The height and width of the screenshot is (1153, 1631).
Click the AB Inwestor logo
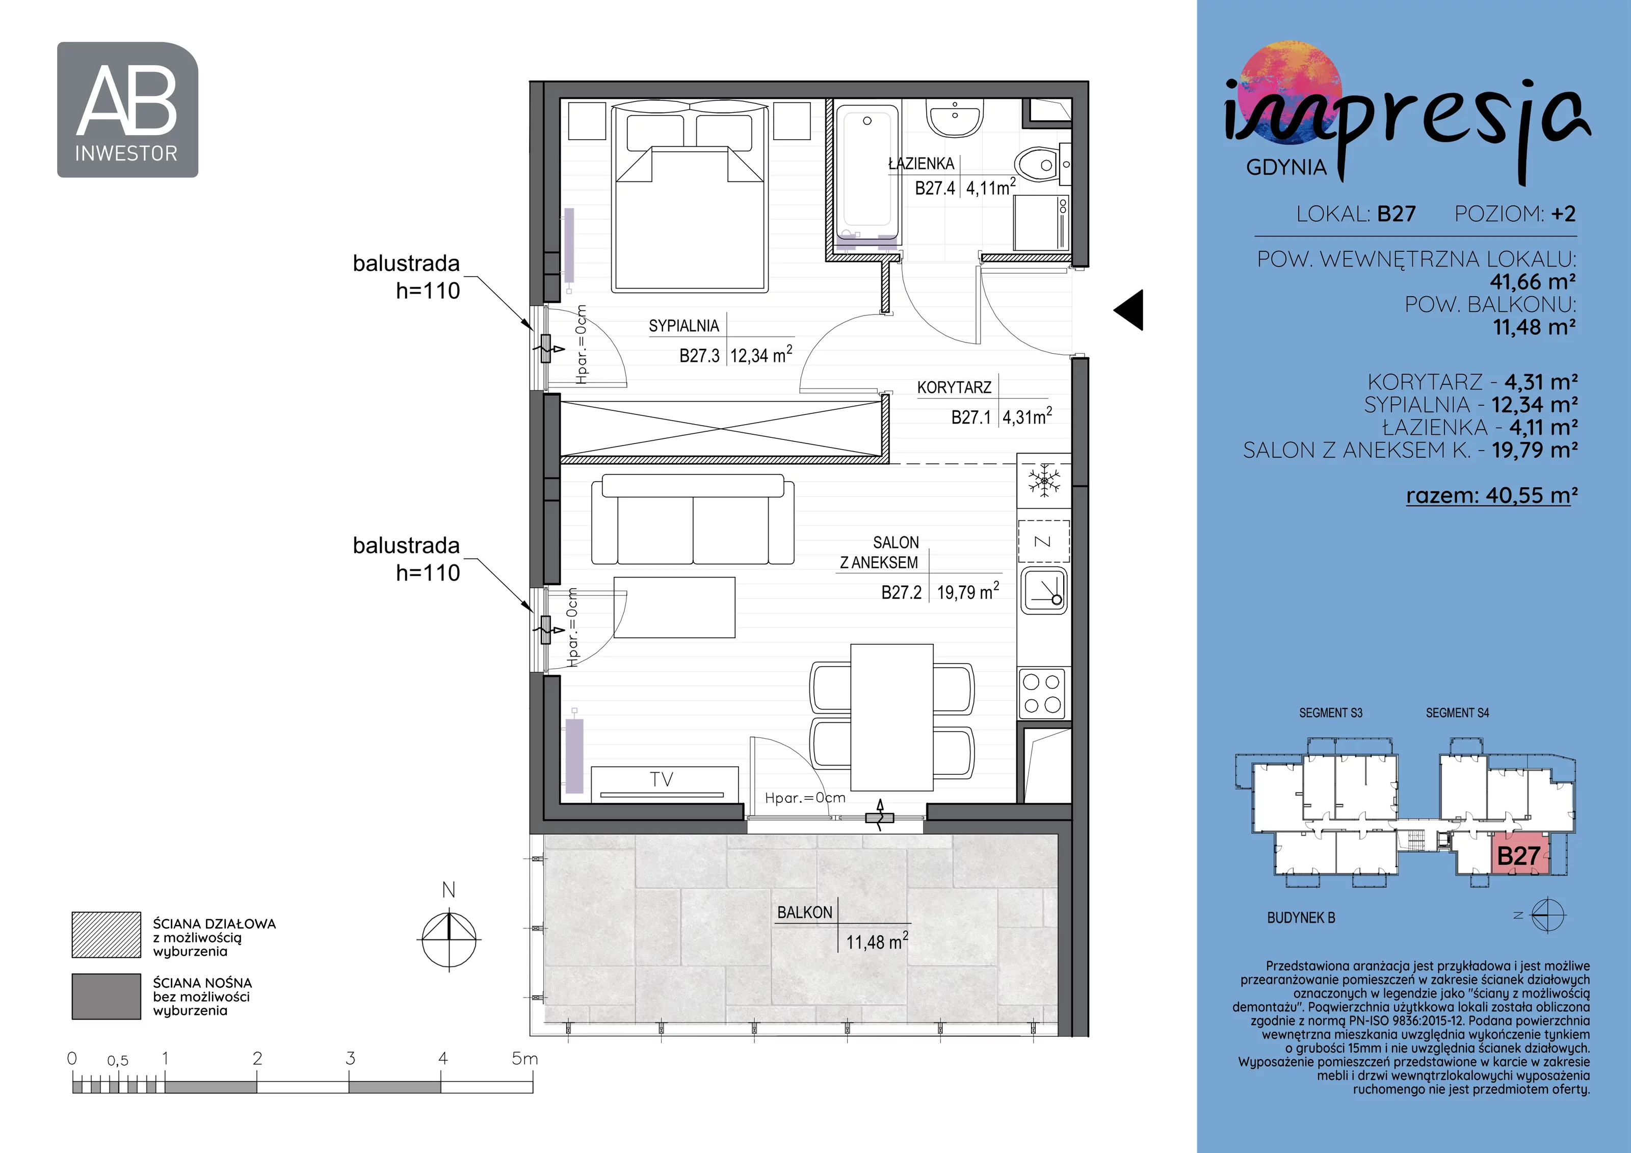[x=127, y=110]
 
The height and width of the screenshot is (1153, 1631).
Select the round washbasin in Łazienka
[x=956, y=117]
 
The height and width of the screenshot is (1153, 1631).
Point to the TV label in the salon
[x=662, y=779]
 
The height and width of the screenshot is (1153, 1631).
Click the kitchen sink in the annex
[x=1043, y=590]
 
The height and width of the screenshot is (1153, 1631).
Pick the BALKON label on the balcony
[x=804, y=913]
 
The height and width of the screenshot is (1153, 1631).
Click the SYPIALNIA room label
[x=683, y=326]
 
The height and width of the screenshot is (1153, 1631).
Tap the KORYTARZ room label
[x=954, y=388]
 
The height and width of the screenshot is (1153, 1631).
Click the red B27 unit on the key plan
[x=1519, y=855]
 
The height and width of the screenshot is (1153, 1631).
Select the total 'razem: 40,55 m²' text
[x=1492, y=495]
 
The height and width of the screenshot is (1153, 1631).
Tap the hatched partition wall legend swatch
[x=106, y=935]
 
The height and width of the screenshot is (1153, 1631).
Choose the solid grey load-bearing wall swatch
[x=106, y=996]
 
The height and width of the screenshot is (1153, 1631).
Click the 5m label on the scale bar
[x=525, y=1059]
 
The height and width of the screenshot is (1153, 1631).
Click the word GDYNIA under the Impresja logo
[x=1286, y=168]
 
